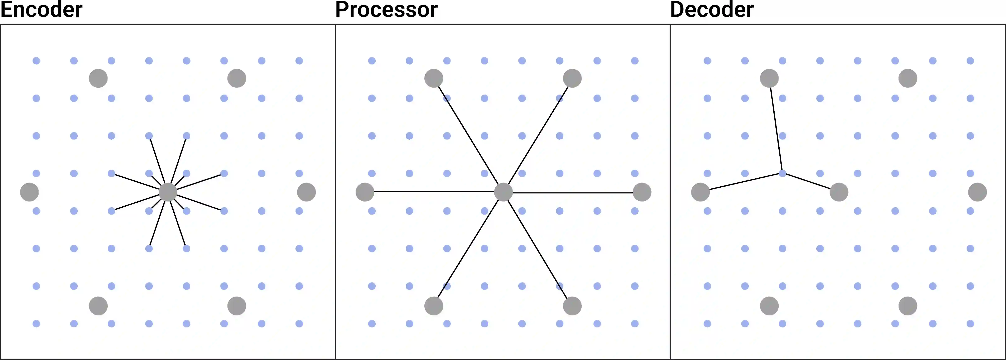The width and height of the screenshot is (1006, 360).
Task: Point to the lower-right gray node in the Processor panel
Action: [572, 306]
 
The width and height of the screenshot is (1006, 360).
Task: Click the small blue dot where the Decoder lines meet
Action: [782, 173]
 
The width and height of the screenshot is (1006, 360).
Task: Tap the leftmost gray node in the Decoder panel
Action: [701, 192]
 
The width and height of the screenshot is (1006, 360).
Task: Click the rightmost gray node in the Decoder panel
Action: [977, 192]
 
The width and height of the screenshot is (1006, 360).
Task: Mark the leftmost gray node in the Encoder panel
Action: [29, 192]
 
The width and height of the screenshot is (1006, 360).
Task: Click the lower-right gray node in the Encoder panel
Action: [237, 306]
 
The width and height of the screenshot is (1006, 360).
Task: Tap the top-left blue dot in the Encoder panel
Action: [36, 61]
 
